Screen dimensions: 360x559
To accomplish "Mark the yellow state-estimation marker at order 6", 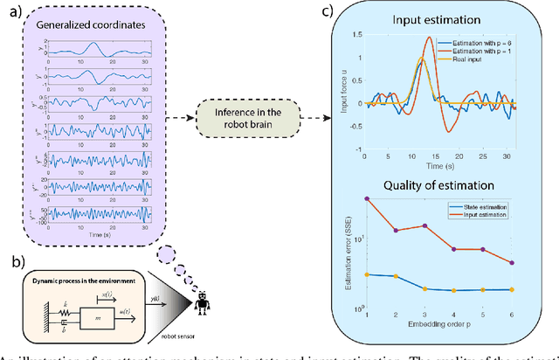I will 512,289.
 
